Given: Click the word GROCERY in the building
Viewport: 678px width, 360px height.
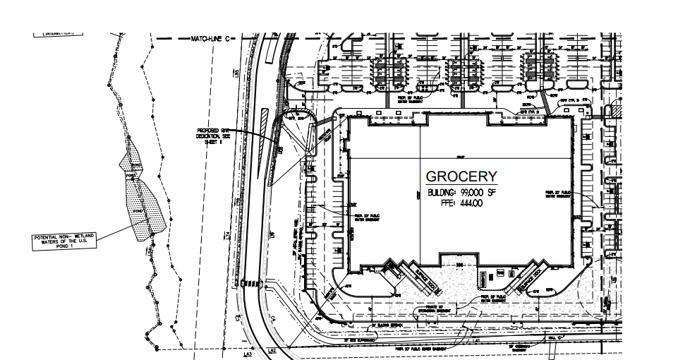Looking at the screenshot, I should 461,177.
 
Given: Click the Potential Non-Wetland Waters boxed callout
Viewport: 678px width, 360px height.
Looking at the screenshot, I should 64,240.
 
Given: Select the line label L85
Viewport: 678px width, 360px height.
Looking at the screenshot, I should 238,73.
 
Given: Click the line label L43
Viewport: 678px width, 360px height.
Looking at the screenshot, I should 248,354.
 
